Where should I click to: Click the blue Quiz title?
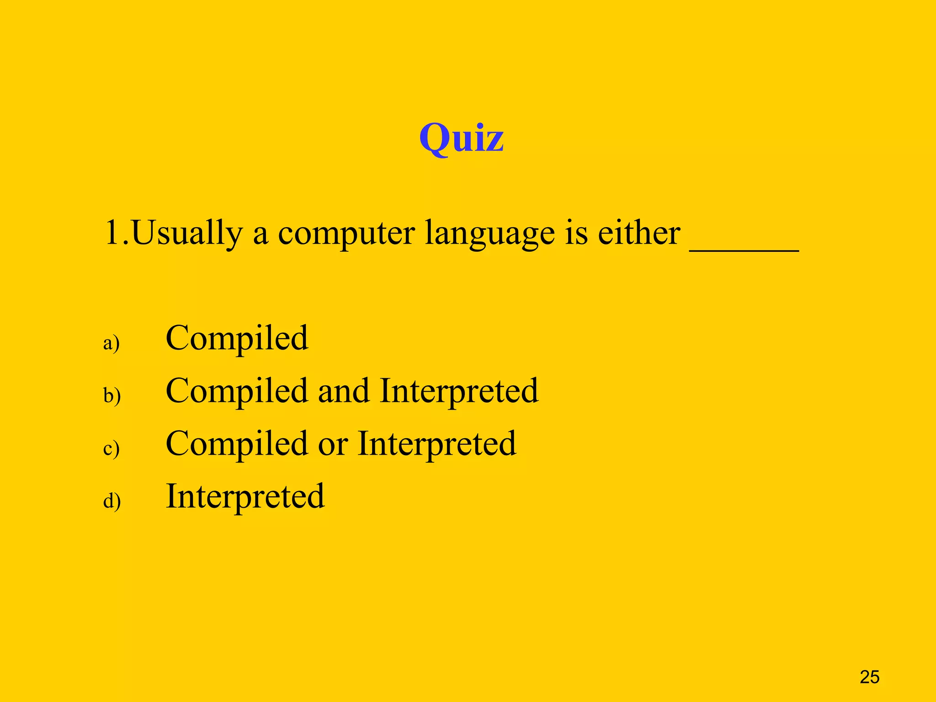coord(461,138)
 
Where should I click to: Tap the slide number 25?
coord(869,677)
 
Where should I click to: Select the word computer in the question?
coord(346,233)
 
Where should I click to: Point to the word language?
coord(489,233)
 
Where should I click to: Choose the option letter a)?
coord(112,343)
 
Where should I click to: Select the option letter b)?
coord(112,395)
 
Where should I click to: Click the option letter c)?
coord(112,448)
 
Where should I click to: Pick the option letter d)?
coord(112,501)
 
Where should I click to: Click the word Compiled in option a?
coord(237,338)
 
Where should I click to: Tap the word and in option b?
coord(344,391)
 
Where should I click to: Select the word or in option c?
coord(333,444)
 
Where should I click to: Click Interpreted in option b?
coord(459,391)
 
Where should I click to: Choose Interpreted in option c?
coord(437,444)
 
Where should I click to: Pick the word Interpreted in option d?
coord(245,496)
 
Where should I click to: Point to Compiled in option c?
coord(237,444)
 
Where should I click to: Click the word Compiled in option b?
coord(237,391)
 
